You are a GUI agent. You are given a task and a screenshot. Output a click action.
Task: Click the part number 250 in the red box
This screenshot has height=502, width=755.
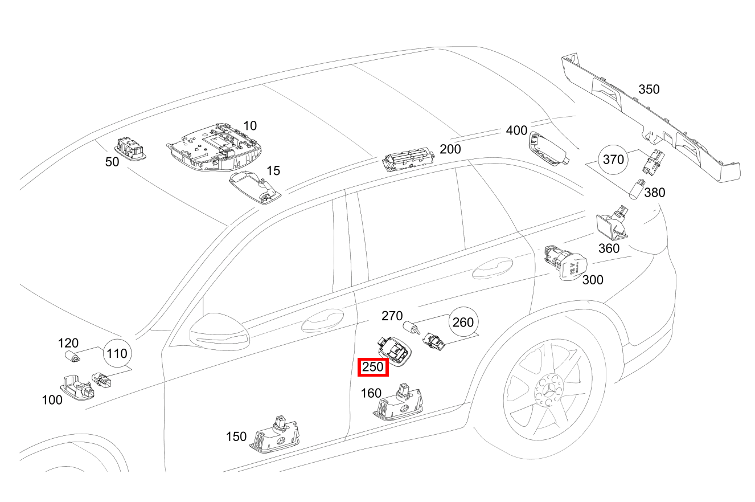coord(373,367)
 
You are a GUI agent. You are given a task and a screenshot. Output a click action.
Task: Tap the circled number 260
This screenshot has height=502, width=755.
coord(463,322)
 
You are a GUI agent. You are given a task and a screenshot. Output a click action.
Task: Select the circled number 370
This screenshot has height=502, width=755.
coord(613,159)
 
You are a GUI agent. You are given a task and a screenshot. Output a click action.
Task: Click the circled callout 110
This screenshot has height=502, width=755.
coord(117,353)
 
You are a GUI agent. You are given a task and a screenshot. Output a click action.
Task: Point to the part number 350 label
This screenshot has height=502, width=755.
coord(649,89)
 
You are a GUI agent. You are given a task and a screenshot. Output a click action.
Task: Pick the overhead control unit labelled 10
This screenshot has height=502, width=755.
coord(214,147)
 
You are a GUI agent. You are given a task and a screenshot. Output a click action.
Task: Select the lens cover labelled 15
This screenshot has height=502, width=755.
coord(255,186)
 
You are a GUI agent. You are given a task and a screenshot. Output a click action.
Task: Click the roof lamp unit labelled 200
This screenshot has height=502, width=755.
coord(408,159)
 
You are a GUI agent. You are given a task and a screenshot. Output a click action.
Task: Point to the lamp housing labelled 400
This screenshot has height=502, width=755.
coord(548,149)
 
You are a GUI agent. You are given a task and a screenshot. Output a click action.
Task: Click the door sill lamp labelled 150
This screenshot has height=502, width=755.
coord(274,435)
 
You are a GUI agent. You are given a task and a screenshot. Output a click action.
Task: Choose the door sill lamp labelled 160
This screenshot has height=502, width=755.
coord(398,402)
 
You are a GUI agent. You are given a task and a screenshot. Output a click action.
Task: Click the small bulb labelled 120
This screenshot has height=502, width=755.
coord(72,356)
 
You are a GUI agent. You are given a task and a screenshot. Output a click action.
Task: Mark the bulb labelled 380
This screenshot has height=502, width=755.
coord(637,190)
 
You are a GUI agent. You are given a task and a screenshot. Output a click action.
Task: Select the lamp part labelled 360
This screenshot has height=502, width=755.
coord(612,223)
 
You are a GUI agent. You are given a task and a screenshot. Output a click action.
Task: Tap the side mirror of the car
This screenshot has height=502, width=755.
coord(220,332)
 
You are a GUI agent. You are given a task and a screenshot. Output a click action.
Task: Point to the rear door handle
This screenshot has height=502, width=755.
coord(493,268)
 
